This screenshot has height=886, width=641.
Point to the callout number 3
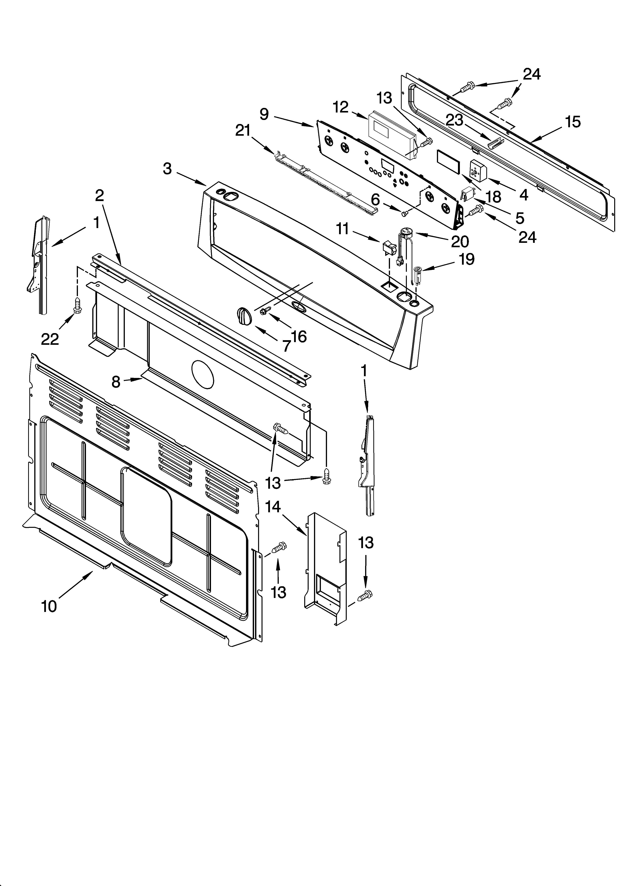pyautogui.click(x=167, y=169)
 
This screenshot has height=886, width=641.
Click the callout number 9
pyautogui.click(x=264, y=114)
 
